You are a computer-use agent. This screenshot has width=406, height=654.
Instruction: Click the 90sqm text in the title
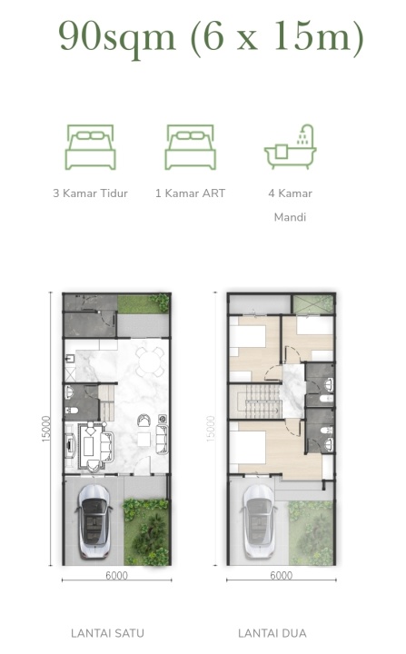tap(117, 36)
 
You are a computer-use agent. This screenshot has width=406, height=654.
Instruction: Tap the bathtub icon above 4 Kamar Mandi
tap(290, 147)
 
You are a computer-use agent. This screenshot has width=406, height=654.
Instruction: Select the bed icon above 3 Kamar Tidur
tap(90, 147)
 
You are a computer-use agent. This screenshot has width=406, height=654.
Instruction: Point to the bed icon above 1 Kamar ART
tap(190, 147)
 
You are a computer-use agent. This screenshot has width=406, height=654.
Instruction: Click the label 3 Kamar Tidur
tap(90, 193)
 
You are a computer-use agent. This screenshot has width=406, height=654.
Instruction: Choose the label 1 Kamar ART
tap(190, 193)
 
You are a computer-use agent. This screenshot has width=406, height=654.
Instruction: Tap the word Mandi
tap(290, 217)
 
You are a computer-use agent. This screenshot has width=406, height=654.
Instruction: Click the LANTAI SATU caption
tap(108, 633)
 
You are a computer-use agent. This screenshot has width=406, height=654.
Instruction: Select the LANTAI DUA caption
tap(272, 633)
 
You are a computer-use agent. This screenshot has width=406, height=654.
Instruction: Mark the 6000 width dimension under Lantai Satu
tap(116, 576)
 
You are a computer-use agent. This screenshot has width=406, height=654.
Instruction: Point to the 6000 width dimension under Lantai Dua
tap(282, 576)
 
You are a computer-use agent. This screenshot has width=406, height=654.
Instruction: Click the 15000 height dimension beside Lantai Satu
tap(46, 429)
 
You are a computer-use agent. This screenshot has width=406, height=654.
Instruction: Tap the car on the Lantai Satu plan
tap(94, 521)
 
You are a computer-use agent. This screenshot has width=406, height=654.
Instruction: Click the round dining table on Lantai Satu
tap(150, 362)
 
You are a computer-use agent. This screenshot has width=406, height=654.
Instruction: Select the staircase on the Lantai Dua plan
tap(255, 401)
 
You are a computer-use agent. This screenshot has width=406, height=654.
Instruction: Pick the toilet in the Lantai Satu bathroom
tap(71, 411)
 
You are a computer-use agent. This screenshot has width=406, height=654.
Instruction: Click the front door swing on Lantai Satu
tap(144, 465)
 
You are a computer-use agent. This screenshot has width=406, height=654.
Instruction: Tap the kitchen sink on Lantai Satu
tap(70, 359)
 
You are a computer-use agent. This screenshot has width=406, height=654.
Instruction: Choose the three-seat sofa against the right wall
tap(162, 439)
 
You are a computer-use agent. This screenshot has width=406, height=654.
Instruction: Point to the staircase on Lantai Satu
tap(107, 402)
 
